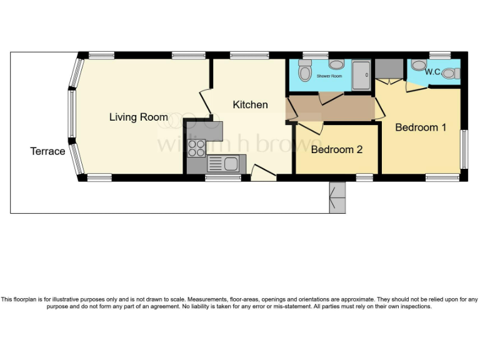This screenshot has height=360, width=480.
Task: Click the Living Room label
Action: [138, 117]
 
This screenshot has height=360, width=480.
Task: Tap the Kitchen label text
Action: [250, 104]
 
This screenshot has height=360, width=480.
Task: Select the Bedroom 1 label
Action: [421, 127]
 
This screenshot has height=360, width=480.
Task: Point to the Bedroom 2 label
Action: [336, 149]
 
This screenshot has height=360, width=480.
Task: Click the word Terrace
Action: [47, 151]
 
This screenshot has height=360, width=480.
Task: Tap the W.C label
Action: [432, 72]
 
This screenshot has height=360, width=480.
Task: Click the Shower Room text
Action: [329, 76]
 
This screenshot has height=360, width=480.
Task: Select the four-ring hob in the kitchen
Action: [196, 147]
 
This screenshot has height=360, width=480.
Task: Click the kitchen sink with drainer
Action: [222, 164]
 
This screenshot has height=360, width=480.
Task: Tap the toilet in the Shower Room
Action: [304, 71]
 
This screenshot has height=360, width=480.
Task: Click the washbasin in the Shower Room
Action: [336, 64]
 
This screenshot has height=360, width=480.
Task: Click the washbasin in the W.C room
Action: [417, 64]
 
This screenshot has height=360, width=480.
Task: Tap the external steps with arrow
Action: [337, 197]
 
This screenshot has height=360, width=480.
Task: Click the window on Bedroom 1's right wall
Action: [464, 149]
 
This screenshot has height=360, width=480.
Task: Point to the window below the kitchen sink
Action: [223, 178]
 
